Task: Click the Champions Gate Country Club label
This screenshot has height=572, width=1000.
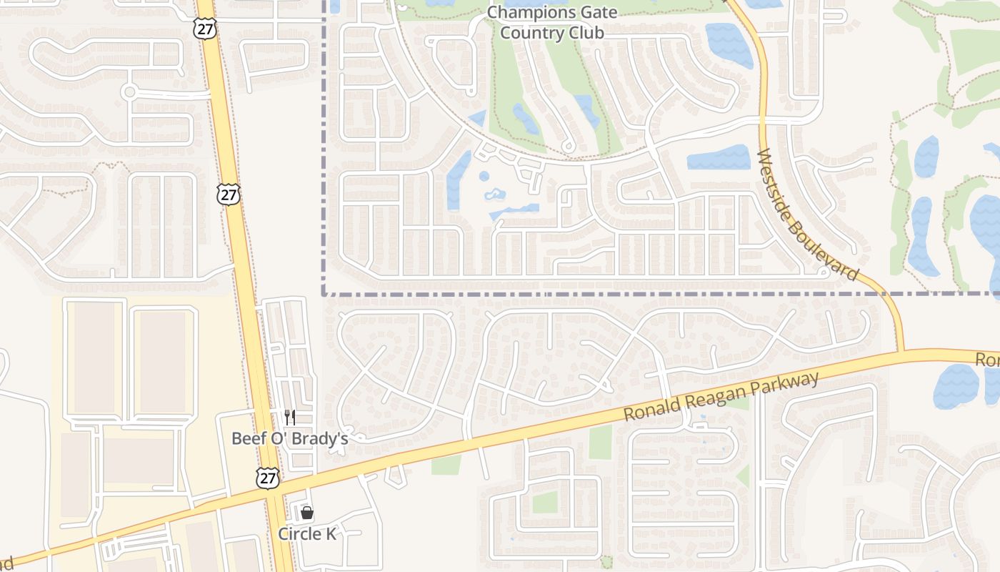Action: [551, 23]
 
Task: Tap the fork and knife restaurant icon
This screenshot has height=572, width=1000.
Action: [290, 418]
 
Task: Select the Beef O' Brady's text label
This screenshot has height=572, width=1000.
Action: [289, 438]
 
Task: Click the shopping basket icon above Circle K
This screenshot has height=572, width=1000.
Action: [307, 513]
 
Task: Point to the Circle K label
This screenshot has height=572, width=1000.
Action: [307, 534]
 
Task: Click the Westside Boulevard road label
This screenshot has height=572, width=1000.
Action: [807, 214]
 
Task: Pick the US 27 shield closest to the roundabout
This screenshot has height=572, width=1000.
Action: [206, 29]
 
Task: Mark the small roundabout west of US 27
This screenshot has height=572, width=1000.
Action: [129, 92]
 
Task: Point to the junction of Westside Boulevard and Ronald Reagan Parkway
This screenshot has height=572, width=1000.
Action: [901, 351]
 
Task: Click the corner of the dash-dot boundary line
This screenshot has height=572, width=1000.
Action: [324, 293]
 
